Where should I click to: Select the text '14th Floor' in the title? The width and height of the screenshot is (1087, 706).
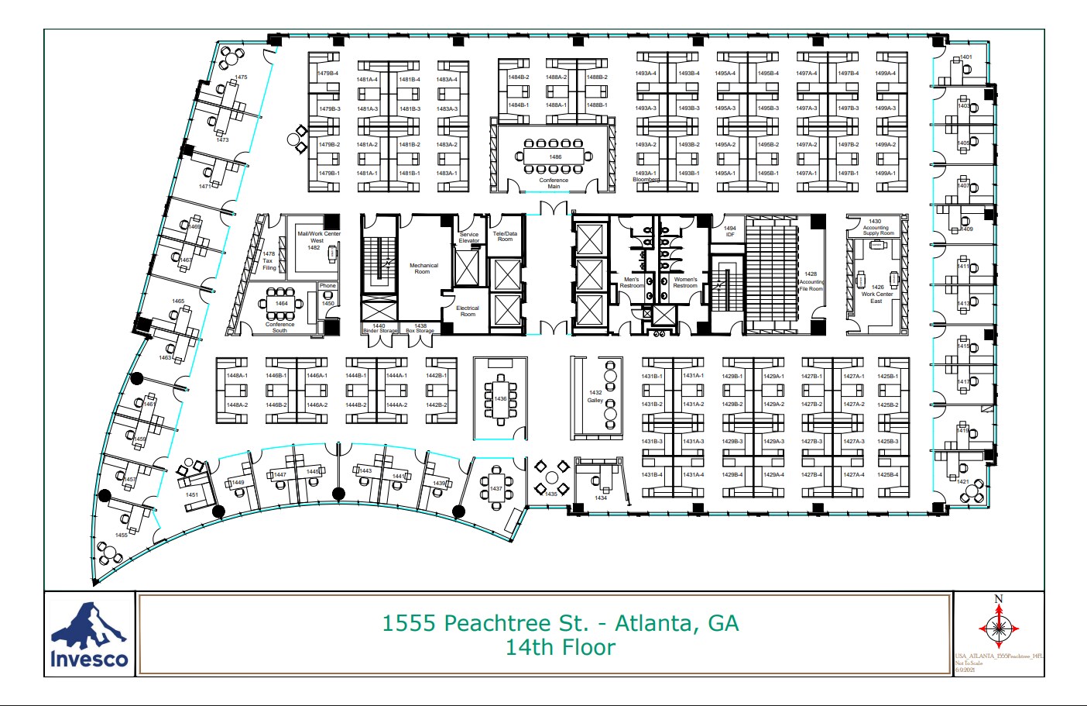561,648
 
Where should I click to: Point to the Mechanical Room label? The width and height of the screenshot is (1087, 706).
423,268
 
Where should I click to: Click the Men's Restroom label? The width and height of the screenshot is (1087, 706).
632,283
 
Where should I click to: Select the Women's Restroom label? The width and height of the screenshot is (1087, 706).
685,283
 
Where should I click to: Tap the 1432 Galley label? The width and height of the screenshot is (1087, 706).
595,396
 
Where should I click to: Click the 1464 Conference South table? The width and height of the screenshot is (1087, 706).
281,304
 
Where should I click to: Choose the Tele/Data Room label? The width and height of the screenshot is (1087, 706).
505,236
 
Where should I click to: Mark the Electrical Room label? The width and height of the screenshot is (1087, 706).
468,311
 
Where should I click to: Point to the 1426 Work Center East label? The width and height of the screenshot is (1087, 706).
877,294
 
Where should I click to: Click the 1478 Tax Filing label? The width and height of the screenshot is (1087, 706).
269,261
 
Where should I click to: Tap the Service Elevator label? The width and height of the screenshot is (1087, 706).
469,237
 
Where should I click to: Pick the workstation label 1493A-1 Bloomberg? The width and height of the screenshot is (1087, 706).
646,176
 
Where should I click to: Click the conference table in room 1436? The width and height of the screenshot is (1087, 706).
501,399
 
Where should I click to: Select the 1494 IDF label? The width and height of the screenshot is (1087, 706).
730,231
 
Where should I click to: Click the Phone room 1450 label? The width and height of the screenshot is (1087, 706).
328,294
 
